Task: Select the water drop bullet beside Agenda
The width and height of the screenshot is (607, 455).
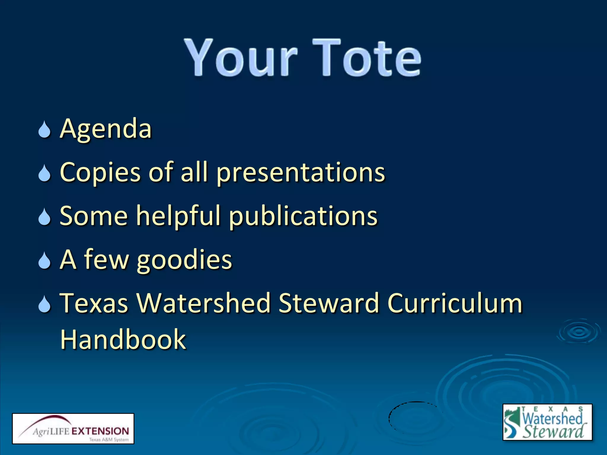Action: coord(44,130)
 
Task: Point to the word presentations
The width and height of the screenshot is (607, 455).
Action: coord(301,172)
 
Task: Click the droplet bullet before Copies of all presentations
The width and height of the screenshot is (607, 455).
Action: coord(44,174)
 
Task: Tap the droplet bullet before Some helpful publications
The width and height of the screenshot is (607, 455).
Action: coord(44,217)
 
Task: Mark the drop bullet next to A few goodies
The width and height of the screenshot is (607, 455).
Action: coord(44,261)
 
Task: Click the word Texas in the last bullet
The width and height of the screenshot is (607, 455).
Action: coord(94,303)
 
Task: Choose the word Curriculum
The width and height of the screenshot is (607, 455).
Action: coord(455,303)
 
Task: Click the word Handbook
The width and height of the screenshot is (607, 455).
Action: coord(123,339)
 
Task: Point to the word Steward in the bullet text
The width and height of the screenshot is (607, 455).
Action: coord(329,303)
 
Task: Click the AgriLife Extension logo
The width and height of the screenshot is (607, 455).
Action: coord(73,428)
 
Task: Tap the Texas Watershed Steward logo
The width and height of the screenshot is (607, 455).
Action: coord(547,422)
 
